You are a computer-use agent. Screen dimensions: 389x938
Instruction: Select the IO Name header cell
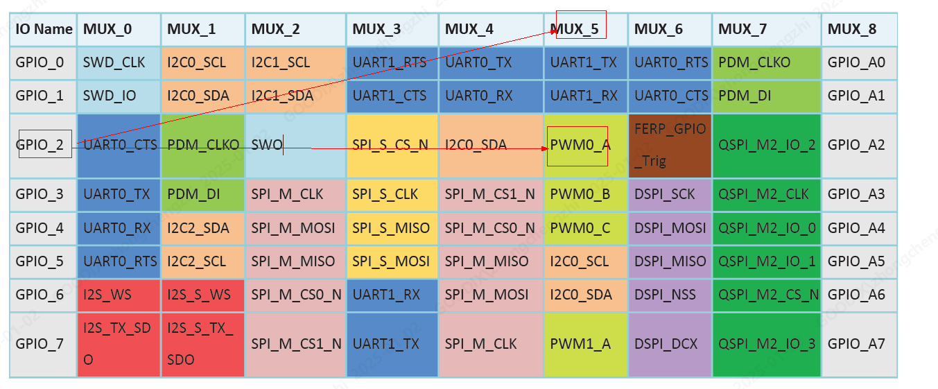pyautogui.click(x=43, y=29)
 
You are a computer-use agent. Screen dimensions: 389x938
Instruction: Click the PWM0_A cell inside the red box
pyautogui.click(x=581, y=146)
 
